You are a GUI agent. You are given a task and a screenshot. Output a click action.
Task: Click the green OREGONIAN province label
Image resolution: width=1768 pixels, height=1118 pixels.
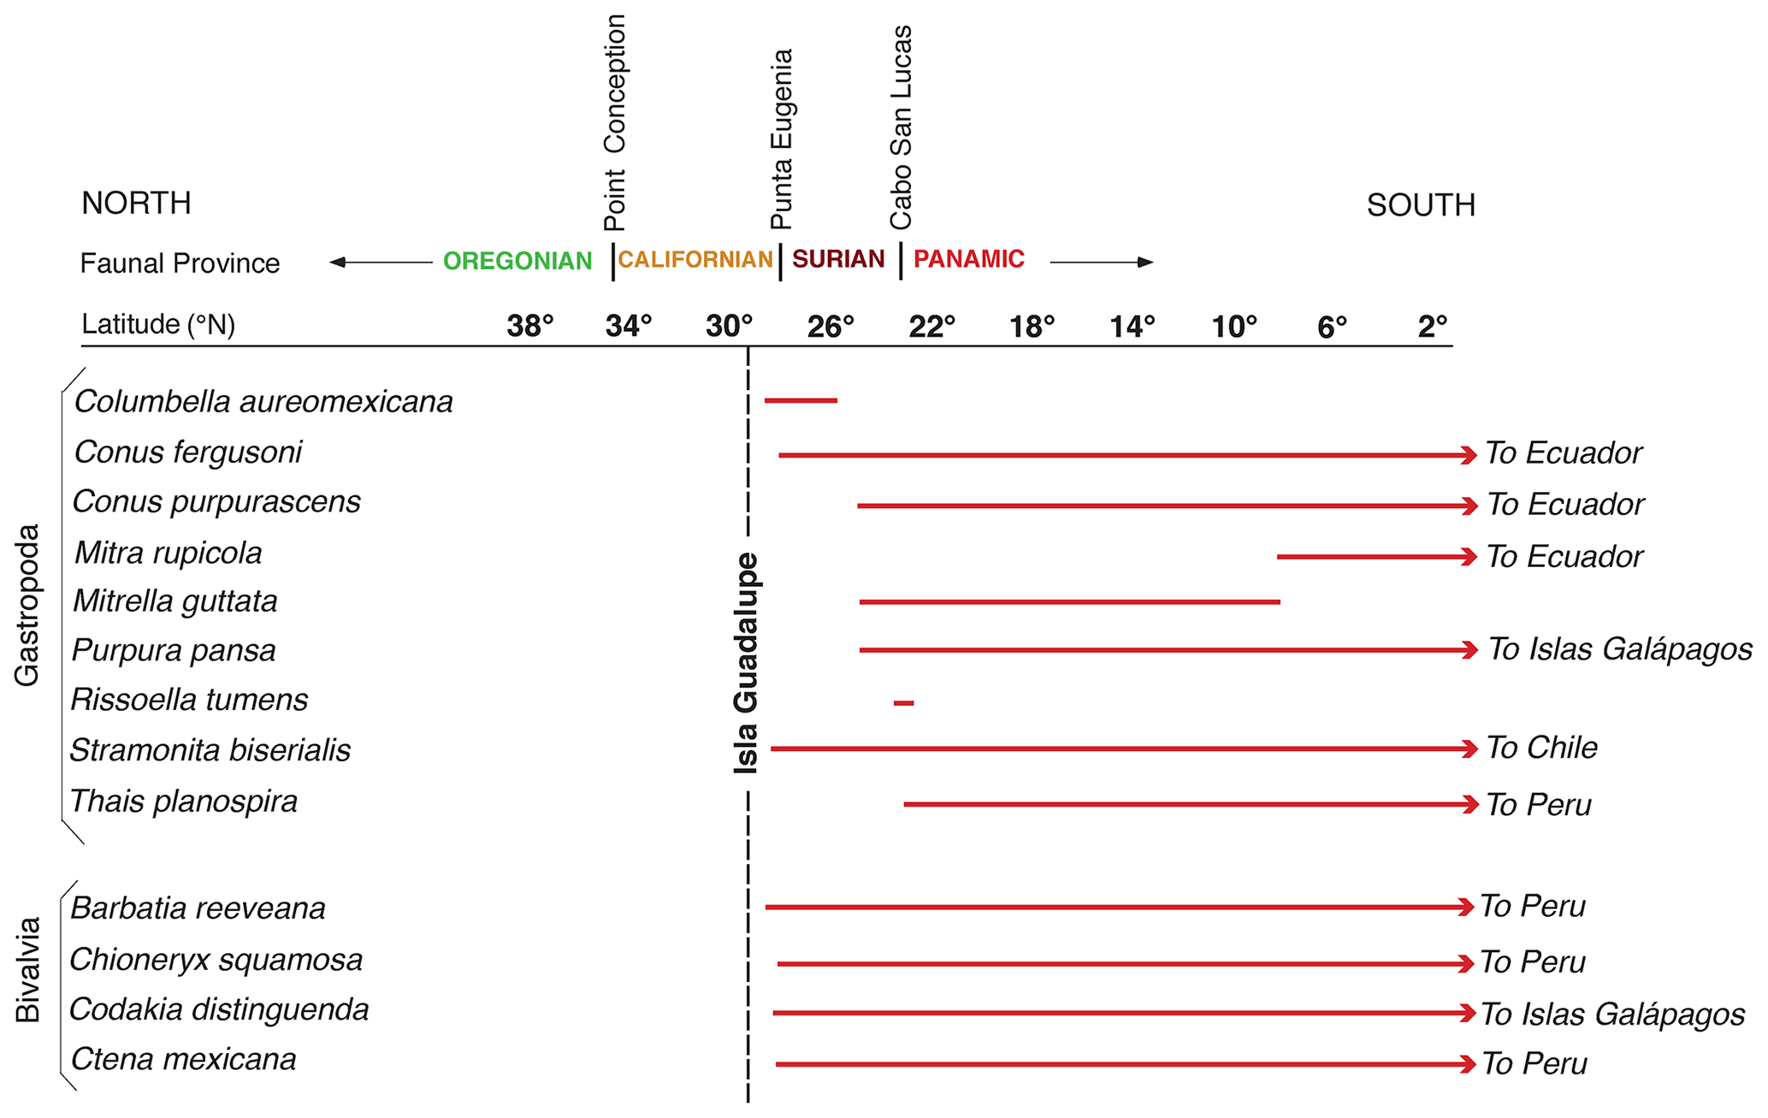click(x=517, y=261)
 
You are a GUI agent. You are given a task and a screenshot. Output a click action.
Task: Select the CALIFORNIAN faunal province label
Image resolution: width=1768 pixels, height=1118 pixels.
click(x=695, y=259)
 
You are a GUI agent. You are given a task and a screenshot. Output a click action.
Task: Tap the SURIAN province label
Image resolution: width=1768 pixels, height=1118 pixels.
click(x=838, y=259)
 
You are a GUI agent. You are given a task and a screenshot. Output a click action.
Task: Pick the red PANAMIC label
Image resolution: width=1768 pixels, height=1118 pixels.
click(x=968, y=259)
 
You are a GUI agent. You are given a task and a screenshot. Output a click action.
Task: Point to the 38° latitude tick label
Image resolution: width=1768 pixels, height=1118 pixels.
click(x=530, y=326)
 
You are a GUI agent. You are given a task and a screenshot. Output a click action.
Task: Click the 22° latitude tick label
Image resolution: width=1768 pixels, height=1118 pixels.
click(x=931, y=326)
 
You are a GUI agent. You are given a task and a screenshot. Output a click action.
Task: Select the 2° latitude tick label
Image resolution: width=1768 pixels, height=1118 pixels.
click(x=1432, y=326)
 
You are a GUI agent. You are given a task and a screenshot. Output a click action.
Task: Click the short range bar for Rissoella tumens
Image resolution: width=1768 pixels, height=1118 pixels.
click(x=903, y=703)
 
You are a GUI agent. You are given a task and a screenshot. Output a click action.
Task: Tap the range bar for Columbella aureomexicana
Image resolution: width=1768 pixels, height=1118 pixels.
click(x=801, y=400)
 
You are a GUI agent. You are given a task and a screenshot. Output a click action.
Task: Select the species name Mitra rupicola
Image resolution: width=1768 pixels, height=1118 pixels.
click(x=169, y=553)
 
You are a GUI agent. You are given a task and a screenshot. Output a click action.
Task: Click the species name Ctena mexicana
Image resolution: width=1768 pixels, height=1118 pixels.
click(x=183, y=1060)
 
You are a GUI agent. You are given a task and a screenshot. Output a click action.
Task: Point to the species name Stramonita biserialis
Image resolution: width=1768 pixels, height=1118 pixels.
click(x=210, y=750)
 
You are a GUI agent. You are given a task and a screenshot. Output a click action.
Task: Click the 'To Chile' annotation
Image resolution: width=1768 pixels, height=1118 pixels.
click(x=1541, y=748)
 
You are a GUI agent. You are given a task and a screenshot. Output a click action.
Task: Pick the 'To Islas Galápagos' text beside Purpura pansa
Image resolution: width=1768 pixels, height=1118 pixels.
click(x=1620, y=649)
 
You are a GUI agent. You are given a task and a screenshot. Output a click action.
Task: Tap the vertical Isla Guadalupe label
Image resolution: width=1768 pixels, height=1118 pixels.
click(x=747, y=663)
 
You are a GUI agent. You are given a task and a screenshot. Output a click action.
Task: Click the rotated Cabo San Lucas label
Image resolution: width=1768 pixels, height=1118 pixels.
click(x=902, y=127)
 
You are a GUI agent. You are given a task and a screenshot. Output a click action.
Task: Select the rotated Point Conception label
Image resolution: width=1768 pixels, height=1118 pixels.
click(x=615, y=123)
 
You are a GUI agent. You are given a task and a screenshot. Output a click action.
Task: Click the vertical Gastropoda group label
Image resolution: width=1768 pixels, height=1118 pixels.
click(x=27, y=605)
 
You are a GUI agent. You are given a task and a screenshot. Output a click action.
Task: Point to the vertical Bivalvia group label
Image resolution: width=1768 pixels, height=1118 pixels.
click(x=28, y=970)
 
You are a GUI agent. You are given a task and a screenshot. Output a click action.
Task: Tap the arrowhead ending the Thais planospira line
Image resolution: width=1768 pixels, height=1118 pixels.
click(x=1470, y=804)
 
